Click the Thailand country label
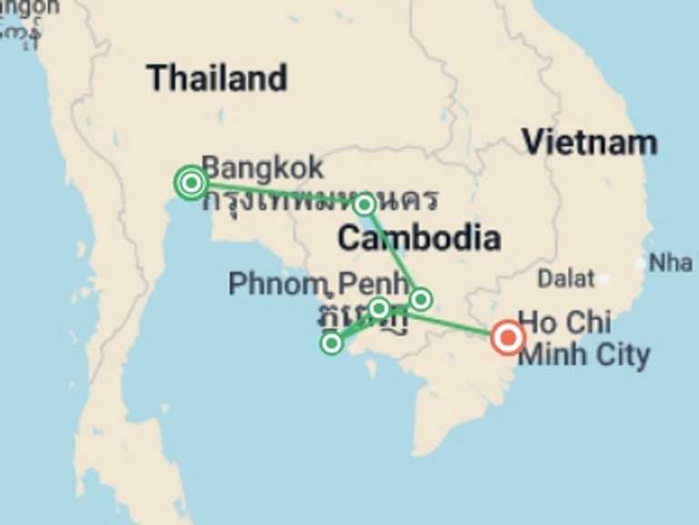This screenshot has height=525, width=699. tap(217, 78)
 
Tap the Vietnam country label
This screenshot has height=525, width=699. tap(589, 142)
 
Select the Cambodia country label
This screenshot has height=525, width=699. tap(418, 238)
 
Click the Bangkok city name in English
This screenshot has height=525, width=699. tap(262, 168)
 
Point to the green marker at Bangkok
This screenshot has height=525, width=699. tap(191, 183)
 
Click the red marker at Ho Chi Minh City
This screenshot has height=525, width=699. tap(507, 338)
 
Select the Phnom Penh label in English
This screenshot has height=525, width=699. tap(318, 283)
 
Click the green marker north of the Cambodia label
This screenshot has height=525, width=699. tap(364, 205)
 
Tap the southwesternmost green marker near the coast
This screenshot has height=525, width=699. tap(332, 343)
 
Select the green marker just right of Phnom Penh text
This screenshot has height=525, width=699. tap(420, 299)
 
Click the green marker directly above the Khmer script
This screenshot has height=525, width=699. tap(380, 308)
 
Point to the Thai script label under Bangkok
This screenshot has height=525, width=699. tap(319, 198)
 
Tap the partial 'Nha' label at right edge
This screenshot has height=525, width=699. tap(671, 262)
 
